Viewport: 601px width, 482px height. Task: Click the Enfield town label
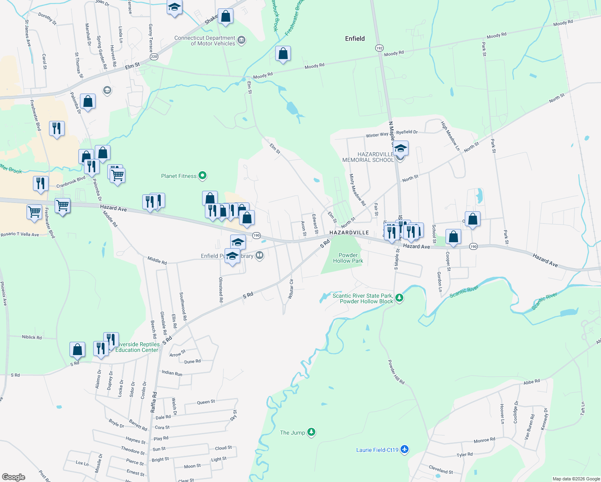tap(355, 39)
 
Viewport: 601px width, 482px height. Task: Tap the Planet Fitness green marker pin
tap(203, 176)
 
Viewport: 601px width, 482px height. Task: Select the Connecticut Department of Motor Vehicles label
tap(205, 41)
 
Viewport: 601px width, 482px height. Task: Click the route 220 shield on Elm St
tap(154, 57)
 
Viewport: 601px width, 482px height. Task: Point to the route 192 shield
tap(379, 48)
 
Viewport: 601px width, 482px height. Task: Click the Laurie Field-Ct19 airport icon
tap(405, 449)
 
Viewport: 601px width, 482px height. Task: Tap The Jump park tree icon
tap(311, 432)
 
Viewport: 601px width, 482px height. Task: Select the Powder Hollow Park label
tap(348, 258)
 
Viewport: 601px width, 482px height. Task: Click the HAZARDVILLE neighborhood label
tap(349, 233)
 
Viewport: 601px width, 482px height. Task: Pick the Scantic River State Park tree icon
tap(399, 298)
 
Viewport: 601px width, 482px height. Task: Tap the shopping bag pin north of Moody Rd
tap(283, 54)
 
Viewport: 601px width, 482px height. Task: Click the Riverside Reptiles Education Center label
tap(137, 347)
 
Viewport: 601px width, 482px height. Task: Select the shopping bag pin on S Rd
tap(77, 349)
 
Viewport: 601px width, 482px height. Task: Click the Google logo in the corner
tap(14, 477)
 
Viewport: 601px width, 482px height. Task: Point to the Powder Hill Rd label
tap(396, 372)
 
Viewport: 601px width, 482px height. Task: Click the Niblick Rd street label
tap(32, 337)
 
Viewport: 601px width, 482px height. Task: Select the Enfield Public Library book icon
tap(260, 255)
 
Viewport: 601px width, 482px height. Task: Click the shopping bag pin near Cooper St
tap(453, 237)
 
